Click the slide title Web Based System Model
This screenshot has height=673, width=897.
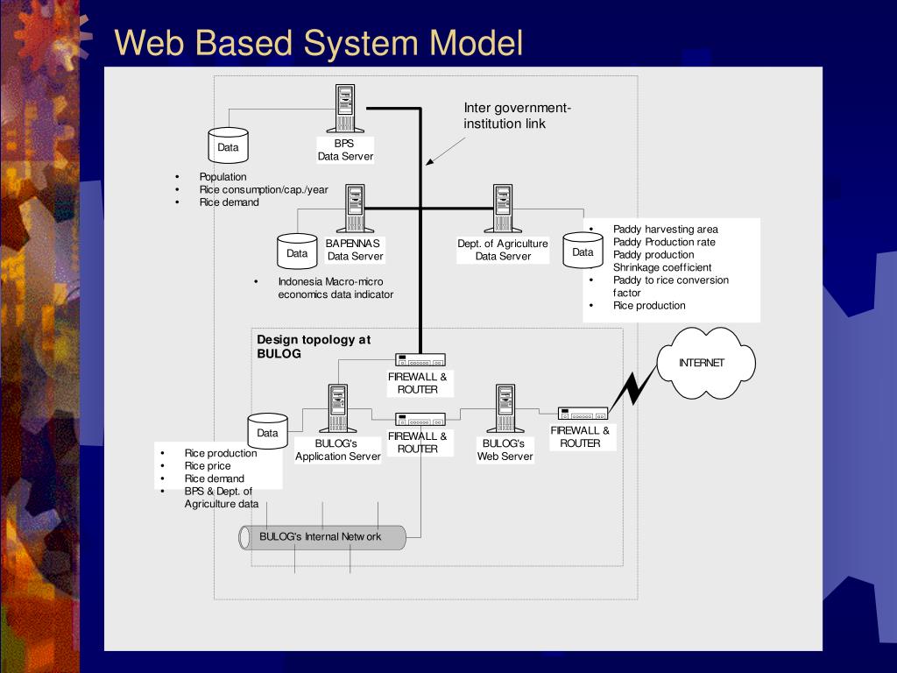pos(319,42)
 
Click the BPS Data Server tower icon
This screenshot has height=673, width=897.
pos(345,109)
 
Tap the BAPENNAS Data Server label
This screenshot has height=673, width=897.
pos(354,250)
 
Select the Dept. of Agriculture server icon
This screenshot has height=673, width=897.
pos(503,209)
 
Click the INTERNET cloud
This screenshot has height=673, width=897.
pos(706,363)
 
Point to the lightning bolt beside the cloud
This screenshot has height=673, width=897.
pos(632,388)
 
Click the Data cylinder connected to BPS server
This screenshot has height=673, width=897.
pos(229,145)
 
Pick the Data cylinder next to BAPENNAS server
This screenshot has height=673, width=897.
pos(297,251)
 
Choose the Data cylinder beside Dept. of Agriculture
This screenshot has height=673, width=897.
pos(583,250)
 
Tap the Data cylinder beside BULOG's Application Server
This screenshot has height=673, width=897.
pos(267,431)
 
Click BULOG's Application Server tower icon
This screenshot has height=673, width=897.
pos(338,408)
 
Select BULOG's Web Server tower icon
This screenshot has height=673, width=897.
pos(505,408)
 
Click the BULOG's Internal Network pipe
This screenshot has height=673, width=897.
pos(322,537)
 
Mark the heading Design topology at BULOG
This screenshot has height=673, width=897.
pos(314,346)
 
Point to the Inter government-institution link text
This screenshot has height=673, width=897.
pos(517,116)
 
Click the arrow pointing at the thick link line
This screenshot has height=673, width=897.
pos(445,152)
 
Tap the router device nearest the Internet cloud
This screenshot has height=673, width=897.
pos(583,414)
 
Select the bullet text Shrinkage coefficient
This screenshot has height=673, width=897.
pos(662,267)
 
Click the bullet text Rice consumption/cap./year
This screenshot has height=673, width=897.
pos(264,189)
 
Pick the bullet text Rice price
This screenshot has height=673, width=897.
pos(207,466)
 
